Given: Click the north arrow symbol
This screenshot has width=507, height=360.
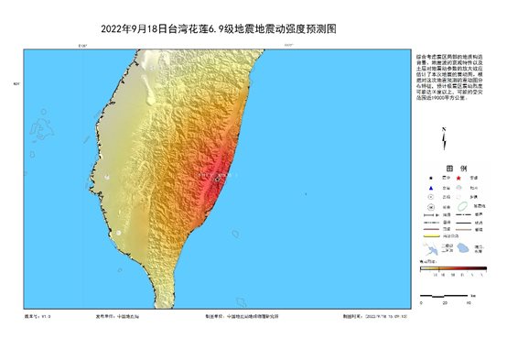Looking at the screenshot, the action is (444, 140).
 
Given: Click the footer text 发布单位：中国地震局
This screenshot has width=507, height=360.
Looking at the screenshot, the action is (115, 317).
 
